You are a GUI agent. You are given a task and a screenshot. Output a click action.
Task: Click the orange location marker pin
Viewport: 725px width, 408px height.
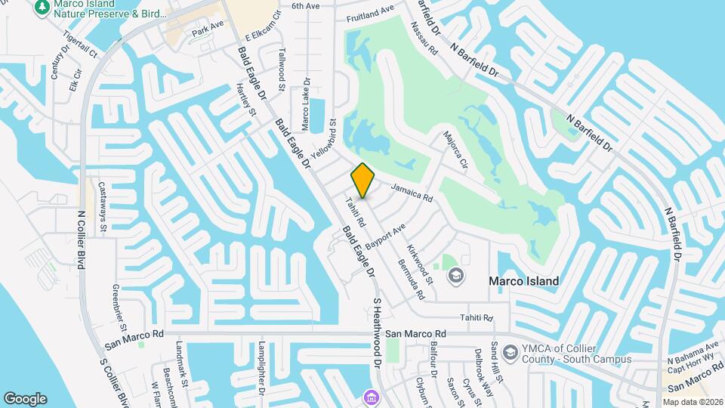tap(363, 181)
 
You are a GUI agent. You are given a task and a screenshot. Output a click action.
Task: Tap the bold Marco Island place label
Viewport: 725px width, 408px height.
tap(523, 281)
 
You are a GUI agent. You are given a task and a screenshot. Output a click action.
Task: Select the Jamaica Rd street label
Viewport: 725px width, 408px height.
tap(412, 192)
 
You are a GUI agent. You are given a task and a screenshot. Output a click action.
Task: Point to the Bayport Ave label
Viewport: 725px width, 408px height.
tap(386, 236)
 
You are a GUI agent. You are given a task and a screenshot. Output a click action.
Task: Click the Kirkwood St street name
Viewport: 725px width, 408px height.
tap(421, 264)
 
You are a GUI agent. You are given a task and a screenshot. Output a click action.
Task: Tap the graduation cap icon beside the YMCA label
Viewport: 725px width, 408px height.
tap(511, 353)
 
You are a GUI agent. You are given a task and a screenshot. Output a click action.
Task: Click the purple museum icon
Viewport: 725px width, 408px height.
tap(369, 397)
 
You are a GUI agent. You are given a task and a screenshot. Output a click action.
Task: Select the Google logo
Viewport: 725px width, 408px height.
tap(25, 398)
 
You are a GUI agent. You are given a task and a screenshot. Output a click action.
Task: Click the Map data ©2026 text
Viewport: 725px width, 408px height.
tap(693, 401)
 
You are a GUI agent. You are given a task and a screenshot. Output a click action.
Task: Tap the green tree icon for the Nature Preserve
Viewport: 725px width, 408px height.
tap(41, 7)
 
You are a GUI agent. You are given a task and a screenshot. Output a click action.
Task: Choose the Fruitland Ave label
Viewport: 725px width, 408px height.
tap(371, 14)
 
